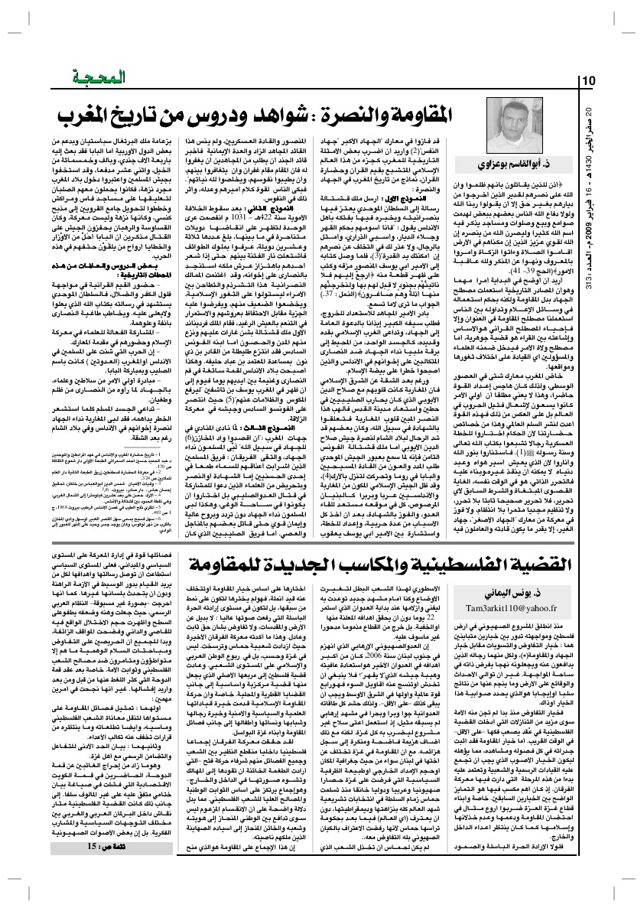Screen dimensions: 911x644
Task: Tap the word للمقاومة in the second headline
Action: [x=229, y=566]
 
